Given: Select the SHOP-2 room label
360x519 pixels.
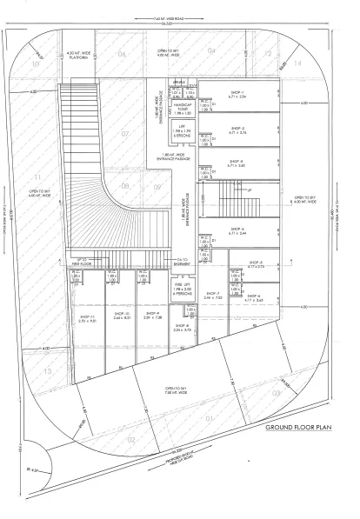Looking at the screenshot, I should click(x=237, y=129).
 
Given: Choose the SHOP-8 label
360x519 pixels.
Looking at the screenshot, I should click(x=181, y=326).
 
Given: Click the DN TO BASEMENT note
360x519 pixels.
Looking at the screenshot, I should click(x=182, y=260).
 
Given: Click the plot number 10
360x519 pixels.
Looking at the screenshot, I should click(x=36, y=63).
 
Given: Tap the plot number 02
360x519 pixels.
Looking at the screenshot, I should click(x=131, y=440).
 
